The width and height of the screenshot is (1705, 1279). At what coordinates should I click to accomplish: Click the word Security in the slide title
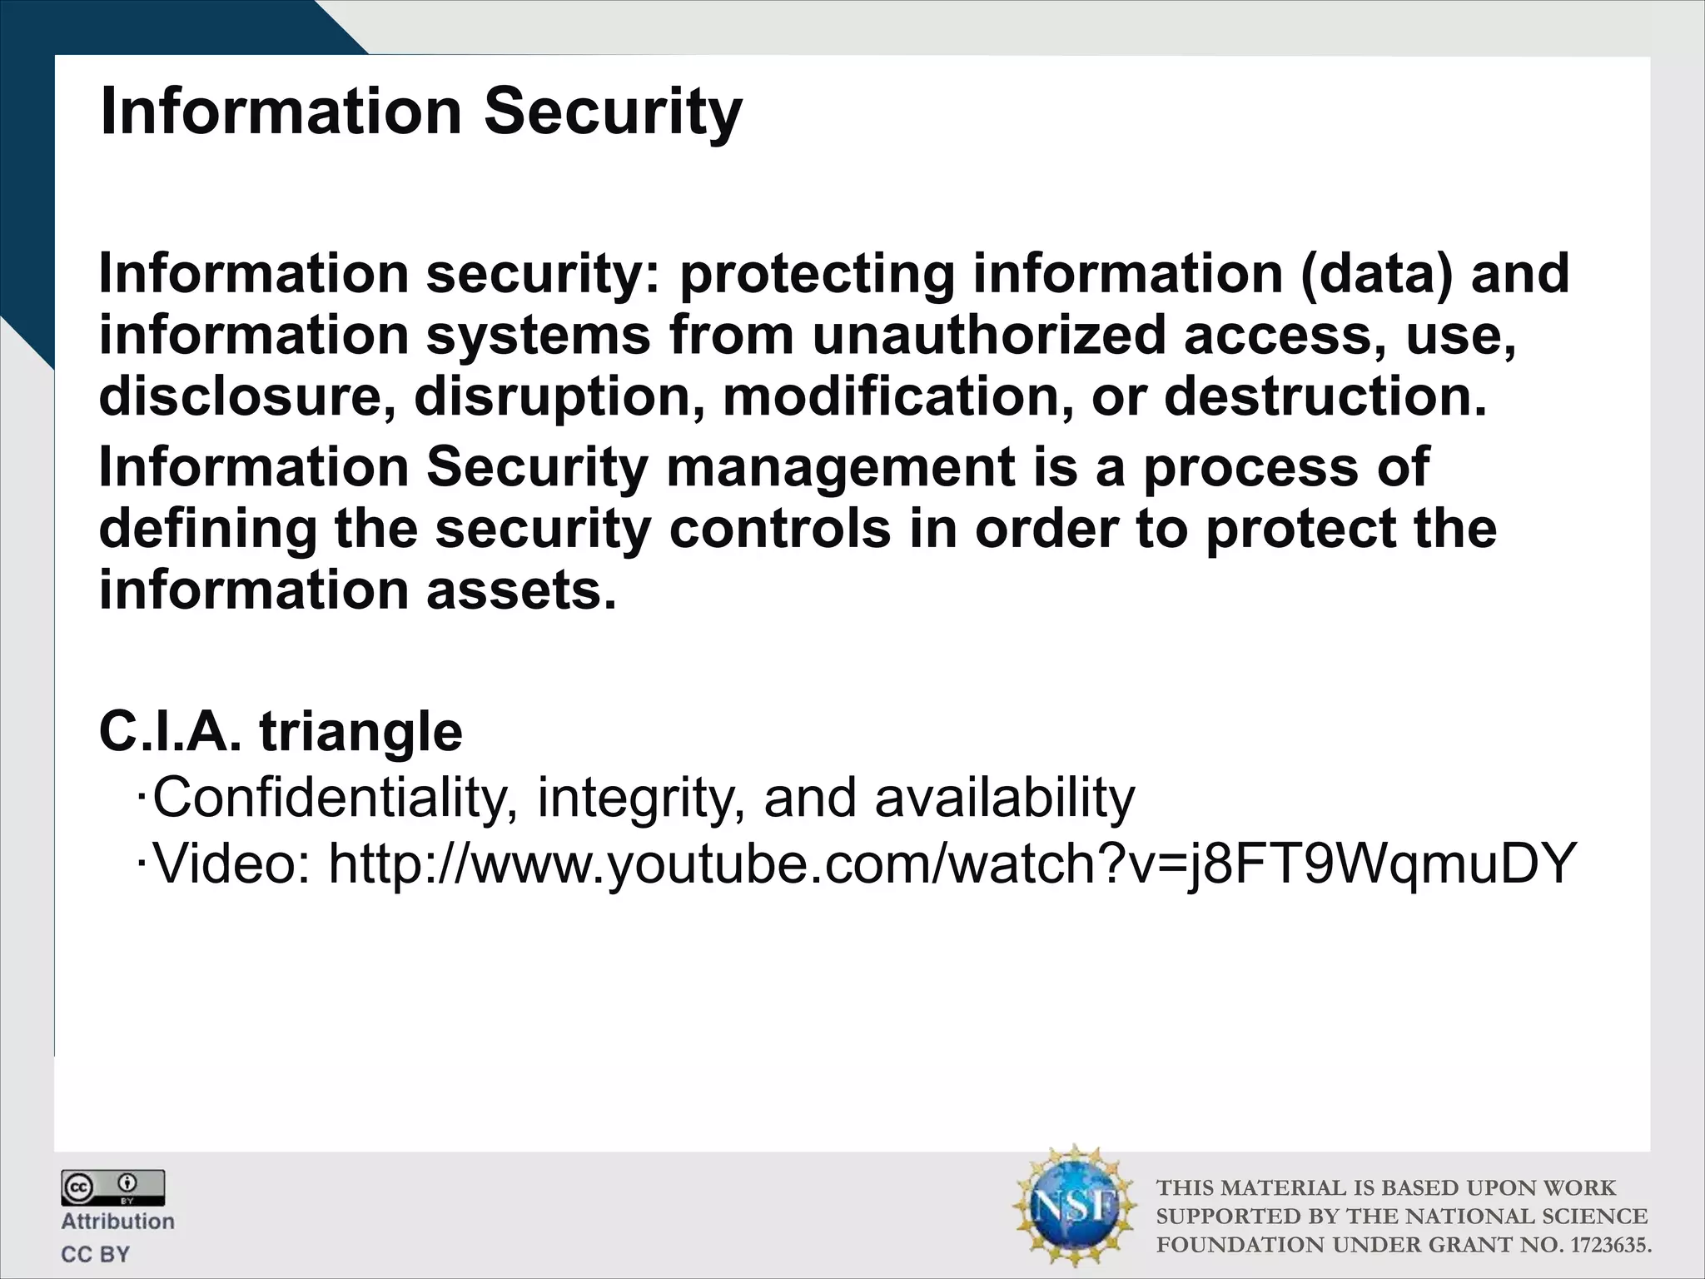pos(612,112)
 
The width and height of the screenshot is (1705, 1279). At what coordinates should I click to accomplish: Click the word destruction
pos(1325,396)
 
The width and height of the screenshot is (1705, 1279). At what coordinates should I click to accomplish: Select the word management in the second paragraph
pos(840,467)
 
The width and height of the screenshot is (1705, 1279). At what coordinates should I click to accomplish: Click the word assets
pos(522,590)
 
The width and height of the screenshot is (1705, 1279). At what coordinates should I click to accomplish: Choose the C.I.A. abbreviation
pos(170,732)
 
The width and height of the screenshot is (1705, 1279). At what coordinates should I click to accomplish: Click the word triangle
pos(360,732)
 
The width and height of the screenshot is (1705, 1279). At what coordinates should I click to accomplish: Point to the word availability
pos(1004,798)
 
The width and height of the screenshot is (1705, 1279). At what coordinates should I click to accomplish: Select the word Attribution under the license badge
pos(117,1222)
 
